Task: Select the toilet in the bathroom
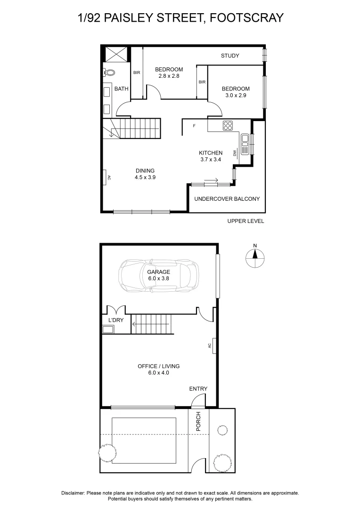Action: (x=109, y=73)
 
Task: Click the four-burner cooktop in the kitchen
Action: (x=228, y=125)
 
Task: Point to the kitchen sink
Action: (x=245, y=145)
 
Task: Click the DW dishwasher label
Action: (x=234, y=153)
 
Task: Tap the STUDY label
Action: (x=230, y=56)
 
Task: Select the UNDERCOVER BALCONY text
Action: (x=227, y=198)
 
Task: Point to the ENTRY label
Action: (x=198, y=389)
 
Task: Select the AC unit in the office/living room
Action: (x=213, y=345)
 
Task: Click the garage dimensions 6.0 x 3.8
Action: (x=158, y=279)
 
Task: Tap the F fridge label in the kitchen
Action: (x=194, y=126)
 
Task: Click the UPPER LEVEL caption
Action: (x=245, y=221)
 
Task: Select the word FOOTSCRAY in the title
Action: (x=246, y=18)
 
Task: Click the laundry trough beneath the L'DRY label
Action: (x=108, y=329)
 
